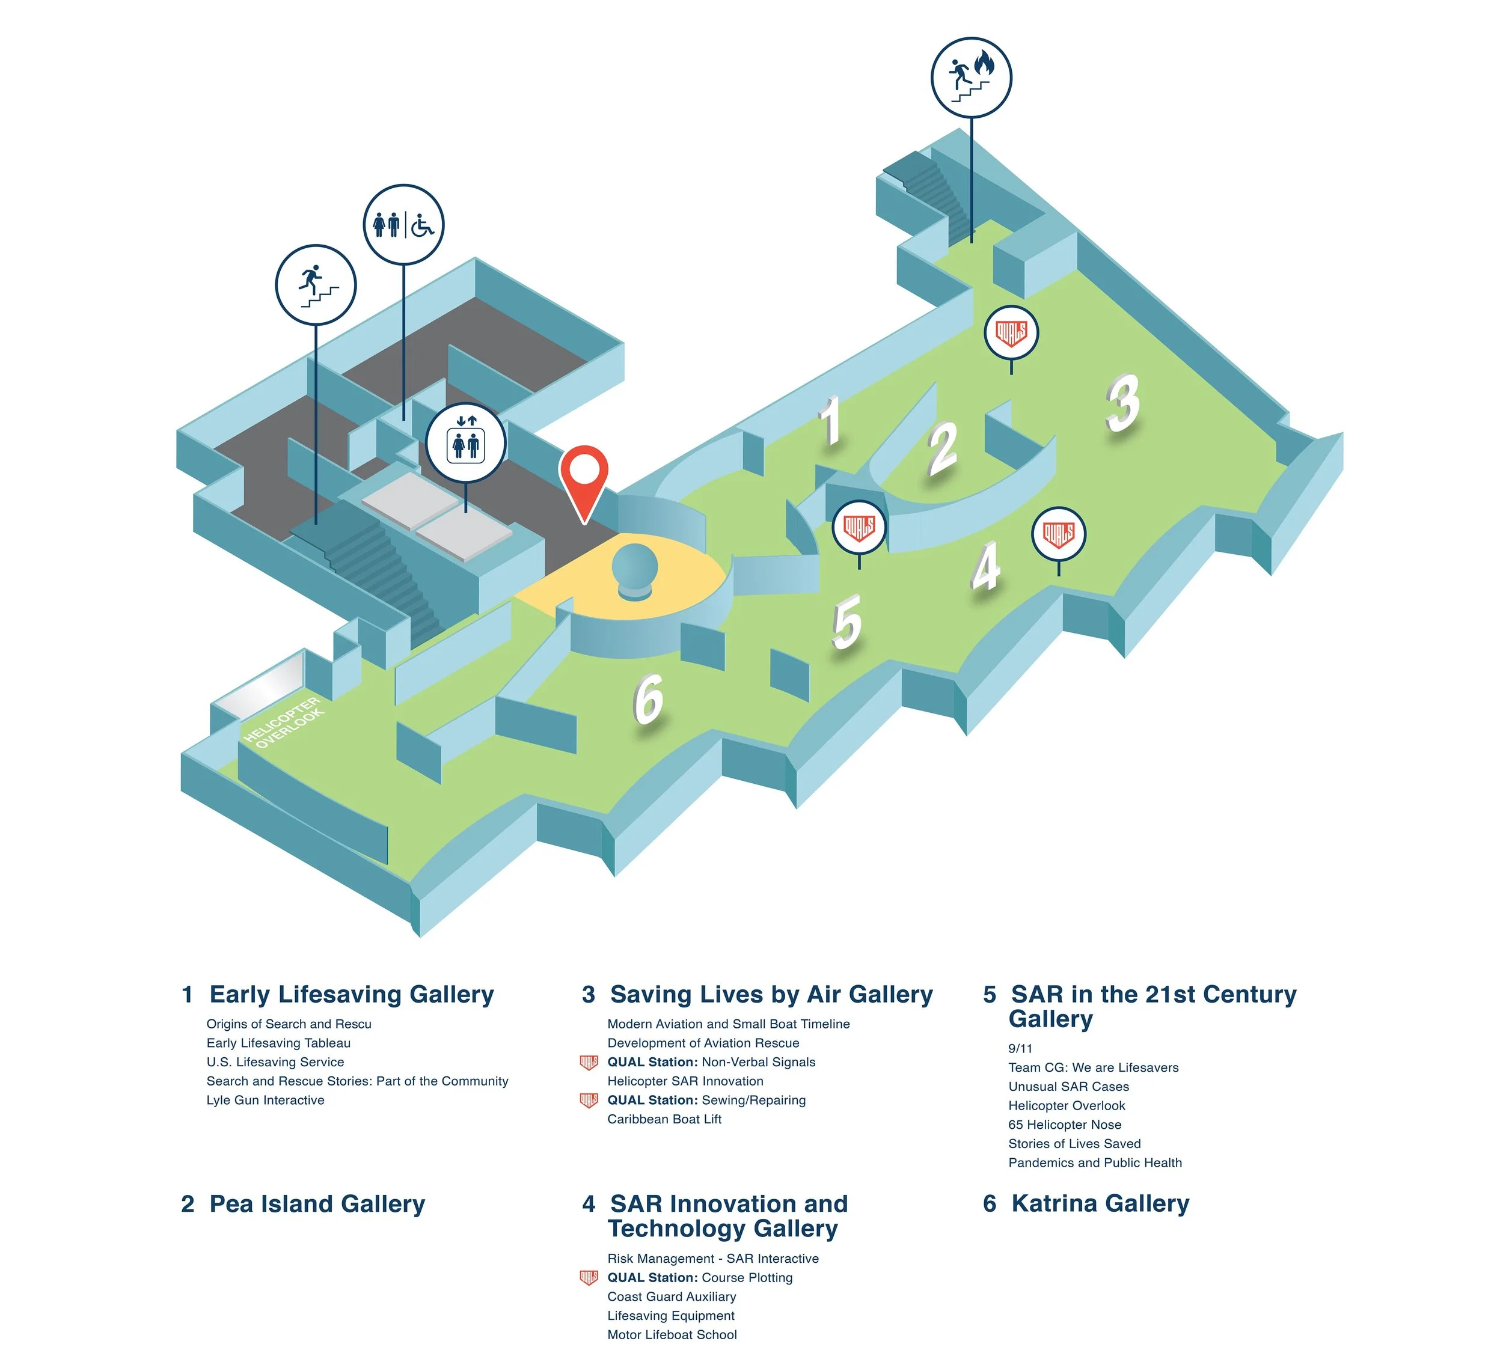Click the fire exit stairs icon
[971, 78]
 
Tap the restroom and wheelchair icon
[403, 224]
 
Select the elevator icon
[466, 444]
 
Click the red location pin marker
[584, 477]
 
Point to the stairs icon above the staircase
[316, 285]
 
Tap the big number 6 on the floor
[649, 698]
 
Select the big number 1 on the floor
[830, 421]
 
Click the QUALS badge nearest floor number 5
[859, 528]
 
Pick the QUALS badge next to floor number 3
[1011, 332]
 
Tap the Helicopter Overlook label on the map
[283, 722]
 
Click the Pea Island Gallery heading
[317, 1204]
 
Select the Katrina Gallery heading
[1100, 1203]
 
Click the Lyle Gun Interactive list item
[265, 1101]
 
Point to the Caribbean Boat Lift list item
[664, 1119]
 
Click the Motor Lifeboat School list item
[672, 1334]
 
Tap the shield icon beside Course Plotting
[589, 1278]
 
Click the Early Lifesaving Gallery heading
[351, 995]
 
